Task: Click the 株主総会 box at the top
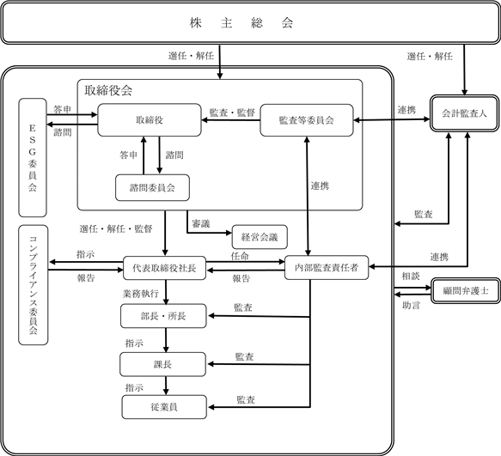[x=250, y=22]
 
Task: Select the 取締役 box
[x=150, y=119]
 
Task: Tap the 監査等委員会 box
[x=307, y=120]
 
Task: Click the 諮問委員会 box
[x=152, y=187]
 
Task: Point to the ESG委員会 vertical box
[x=33, y=157]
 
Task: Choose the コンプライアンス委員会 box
[x=34, y=285]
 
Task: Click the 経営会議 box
[x=260, y=237]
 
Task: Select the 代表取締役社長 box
[x=164, y=268]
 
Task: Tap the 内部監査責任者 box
[x=327, y=268]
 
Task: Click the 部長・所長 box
[x=163, y=316]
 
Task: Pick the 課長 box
[x=162, y=364]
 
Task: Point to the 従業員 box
[x=164, y=407]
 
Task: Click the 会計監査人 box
[x=464, y=113]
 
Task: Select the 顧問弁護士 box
[x=466, y=290]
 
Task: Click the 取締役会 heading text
[x=108, y=91]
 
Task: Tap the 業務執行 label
[x=141, y=294]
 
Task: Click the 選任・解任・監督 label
[x=116, y=228]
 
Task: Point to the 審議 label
[x=200, y=223]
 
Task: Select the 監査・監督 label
[x=232, y=112]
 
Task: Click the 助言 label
[x=411, y=305]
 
